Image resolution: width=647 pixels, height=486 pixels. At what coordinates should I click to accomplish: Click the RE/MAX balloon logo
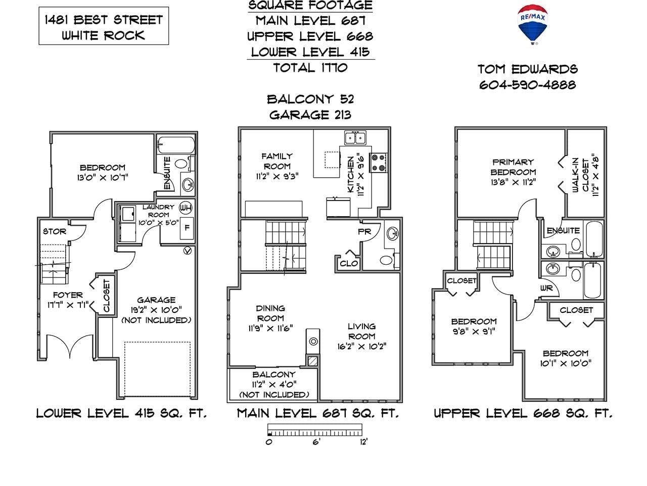click(x=532, y=24)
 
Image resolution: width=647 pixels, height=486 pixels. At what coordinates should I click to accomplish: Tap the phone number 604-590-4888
click(x=527, y=85)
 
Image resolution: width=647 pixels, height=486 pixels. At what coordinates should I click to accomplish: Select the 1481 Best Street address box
click(x=104, y=26)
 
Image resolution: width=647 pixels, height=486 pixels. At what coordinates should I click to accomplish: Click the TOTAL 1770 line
click(x=310, y=68)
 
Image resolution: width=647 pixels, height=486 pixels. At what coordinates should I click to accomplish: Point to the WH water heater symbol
click(x=186, y=208)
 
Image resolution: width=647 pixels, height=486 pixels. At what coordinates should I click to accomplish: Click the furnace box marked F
click(x=187, y=228)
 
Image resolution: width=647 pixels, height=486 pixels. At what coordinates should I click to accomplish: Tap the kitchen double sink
click(x=355, y=138)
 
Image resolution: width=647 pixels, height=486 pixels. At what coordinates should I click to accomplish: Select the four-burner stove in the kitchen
click(x=379, y=163)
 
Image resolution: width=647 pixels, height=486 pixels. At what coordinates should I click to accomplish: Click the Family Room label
click(x=277, y=161)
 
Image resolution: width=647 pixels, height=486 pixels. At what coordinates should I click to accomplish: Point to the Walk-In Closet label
click(x=580, y=176)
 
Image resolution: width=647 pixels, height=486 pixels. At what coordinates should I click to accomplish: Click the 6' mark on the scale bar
click(x=316, y=442)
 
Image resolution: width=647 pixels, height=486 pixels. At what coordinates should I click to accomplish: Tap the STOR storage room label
click(x=55, y=231)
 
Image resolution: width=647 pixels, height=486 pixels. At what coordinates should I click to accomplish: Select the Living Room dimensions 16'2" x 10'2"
click(x=362, y=346)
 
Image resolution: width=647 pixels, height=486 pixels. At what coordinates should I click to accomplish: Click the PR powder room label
click(x=364, y=232)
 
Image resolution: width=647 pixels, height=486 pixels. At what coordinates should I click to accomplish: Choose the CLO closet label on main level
click(x=349, y=264)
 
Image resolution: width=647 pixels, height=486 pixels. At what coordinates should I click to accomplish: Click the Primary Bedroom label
click(x=513, y=167)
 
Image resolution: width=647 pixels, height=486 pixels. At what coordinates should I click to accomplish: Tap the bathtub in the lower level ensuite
click(x=176, y=145)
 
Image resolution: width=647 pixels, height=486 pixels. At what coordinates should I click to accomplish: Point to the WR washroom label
click(x=546, y=288)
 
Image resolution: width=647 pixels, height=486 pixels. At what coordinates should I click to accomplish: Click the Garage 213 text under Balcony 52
click(x=310, y=115)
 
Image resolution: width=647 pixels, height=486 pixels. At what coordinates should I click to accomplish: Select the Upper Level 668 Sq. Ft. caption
click(x=523, y=414)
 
